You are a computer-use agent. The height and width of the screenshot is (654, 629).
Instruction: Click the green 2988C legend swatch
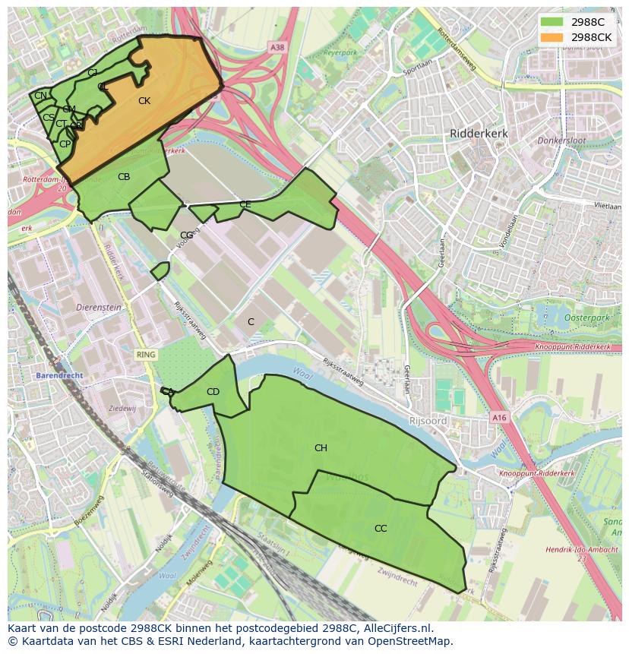pyautogui.click(x=552, y=22)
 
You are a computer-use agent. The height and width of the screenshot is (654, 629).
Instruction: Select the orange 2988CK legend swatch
pyautogui.click(x=552, y=37)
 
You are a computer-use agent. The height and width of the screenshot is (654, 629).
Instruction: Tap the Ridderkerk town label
pyautogui.click(x=479, y=133)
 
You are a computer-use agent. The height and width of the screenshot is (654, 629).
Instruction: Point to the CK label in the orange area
pyautogui.click(x=144, y=101)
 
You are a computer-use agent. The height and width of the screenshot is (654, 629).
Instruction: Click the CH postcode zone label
pyautogui.click(x=321, y=448)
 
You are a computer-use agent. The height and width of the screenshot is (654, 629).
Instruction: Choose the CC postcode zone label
pyautogui.click(x=381, y=529)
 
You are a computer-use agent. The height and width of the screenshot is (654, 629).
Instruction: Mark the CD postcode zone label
pyautogui.click(x=213, y=392)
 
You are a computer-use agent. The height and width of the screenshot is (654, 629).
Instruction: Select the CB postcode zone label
pyautogui.click(x=124, y=177)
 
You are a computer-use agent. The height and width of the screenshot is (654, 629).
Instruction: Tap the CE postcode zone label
pyautogui.click(x=245, y=204)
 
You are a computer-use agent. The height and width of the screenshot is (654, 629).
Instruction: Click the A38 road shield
pyautogui.click(x=277, y=47)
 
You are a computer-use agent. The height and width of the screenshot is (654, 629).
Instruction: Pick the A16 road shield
pyautogui.click(x=498, y=418)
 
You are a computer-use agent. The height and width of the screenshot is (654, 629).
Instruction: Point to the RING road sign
pyautogui.click(x=145, y=355)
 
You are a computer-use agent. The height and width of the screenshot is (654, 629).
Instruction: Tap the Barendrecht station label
pyautogui.click(x=58, y=376)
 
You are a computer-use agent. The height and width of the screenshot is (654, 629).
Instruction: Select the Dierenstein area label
pyautogui.click(x=99, y=308)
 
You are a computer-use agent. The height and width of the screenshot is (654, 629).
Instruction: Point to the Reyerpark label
pyautogui.click(x=340, y=53)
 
